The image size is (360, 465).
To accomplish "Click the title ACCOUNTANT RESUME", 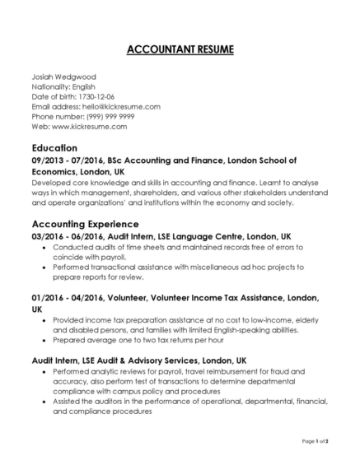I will pyautogui.click(x=180, y=50).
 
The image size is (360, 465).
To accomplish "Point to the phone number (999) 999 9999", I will pyautogui.click(x=108, y=117).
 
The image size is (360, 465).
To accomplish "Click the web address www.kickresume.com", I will pyautogui.click(x=91, y=128).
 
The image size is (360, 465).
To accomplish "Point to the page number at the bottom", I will pyautogui.click(x=316, y=442).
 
